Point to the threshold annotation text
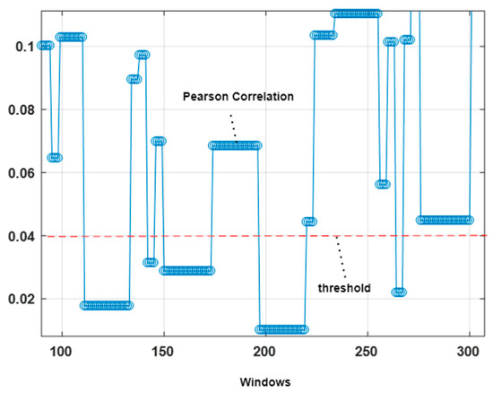click(x=344, y=288)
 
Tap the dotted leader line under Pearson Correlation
click(x=235, y=126)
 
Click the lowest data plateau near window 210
click(x=281, y=329)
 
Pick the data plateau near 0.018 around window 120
click(x=106, y=305)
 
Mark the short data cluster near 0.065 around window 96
click(x=55, y=157)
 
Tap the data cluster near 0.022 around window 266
click(x=399, y=292)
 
